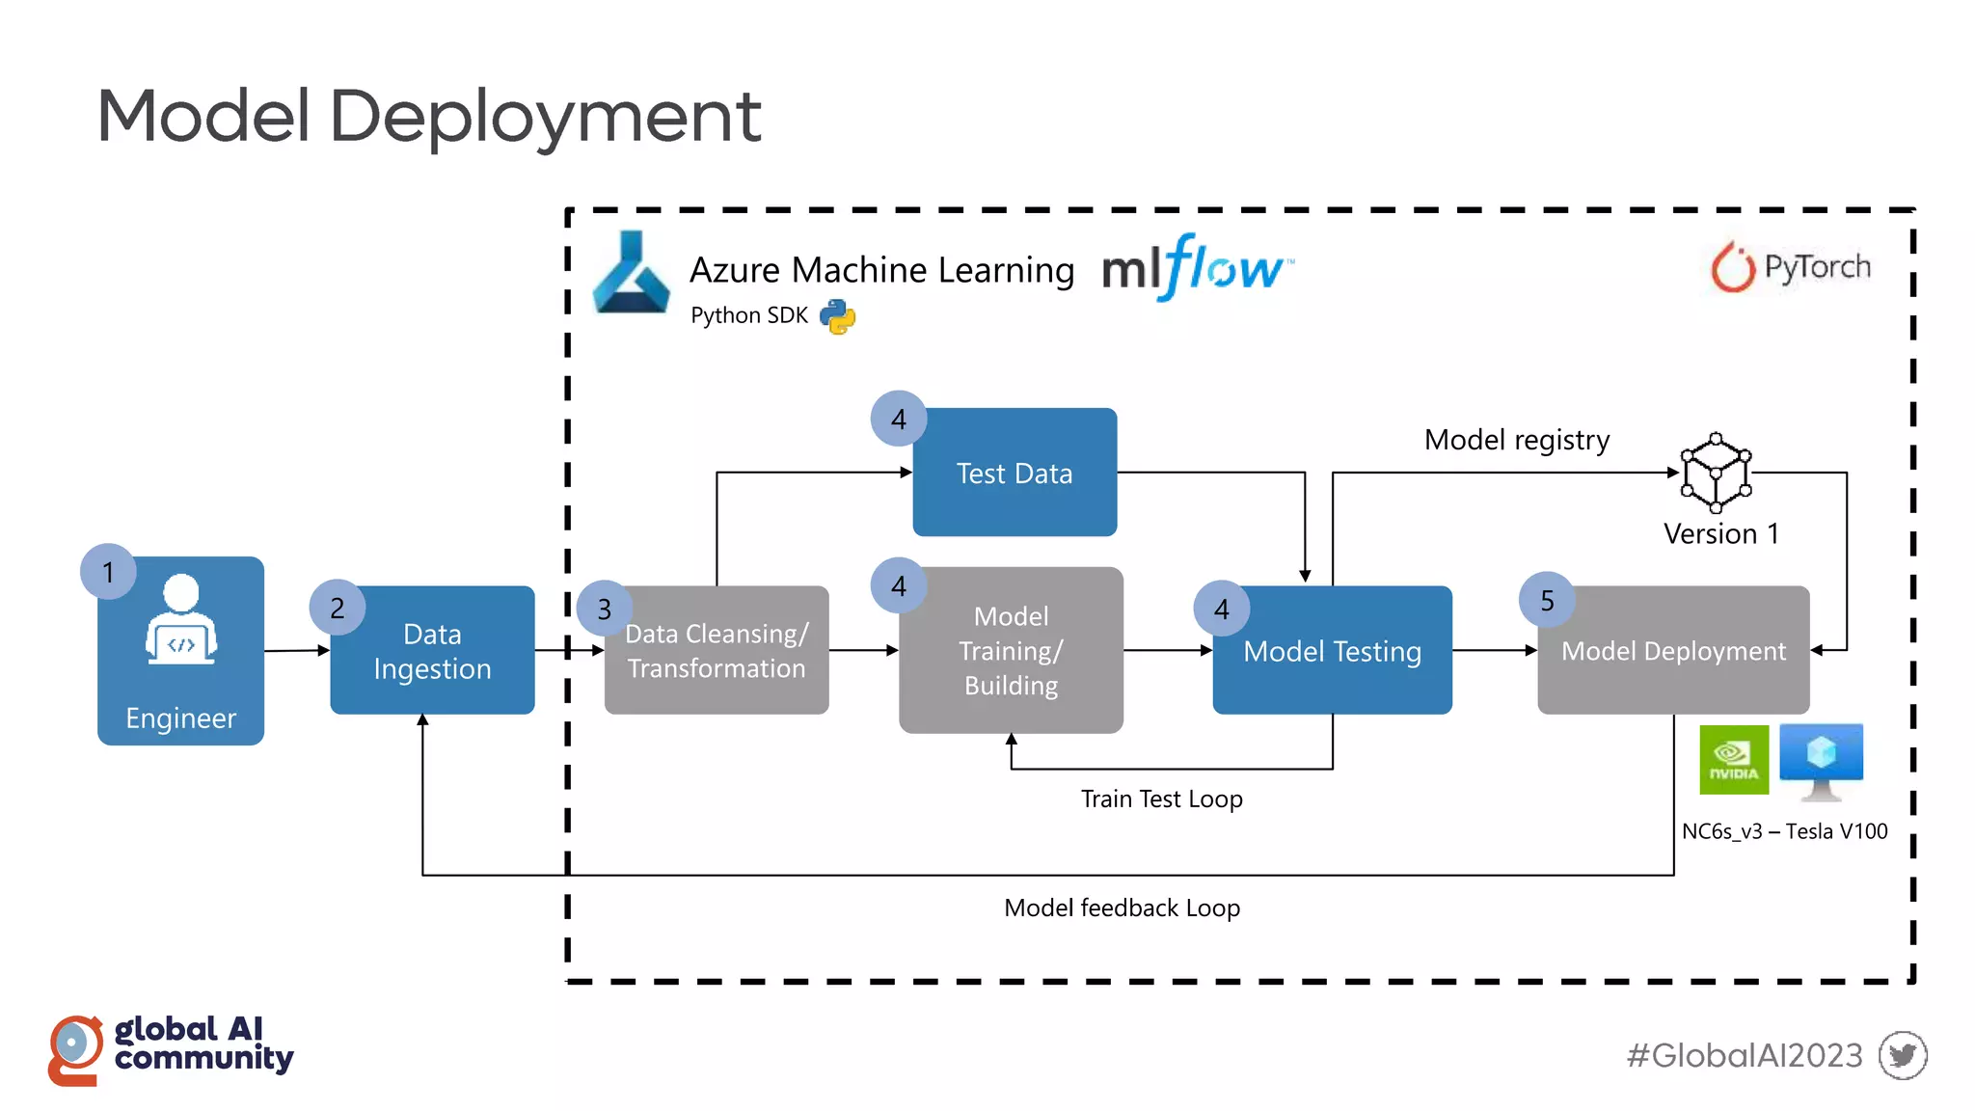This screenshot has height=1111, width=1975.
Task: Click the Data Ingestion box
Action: coord(432,651)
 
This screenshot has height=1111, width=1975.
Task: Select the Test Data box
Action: coord(1015,473)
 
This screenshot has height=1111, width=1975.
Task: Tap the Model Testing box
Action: coord(1332,651)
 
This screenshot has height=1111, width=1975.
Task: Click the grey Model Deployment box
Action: coord(1673,651)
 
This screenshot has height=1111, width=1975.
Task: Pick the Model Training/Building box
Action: coord(1011,651)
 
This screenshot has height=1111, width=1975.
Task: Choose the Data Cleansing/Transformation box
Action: coord(716,651)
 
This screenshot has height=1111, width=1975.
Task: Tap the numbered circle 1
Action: coord(108,572)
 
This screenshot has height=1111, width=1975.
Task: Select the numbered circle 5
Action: coord(1547,600)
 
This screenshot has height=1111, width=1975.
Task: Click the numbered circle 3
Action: coord(605,609)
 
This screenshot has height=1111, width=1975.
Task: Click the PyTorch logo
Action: coord(1791,266)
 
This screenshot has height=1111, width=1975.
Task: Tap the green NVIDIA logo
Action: coord(1733,760)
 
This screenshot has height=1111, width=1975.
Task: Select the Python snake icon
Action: coord(837,316)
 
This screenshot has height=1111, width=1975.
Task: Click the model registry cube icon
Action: coord(1716,473)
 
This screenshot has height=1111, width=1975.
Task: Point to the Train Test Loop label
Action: coord(1161,799)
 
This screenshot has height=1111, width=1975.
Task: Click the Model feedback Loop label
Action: coord(1122,908)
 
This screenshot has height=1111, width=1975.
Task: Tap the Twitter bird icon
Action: coord(1903,1055)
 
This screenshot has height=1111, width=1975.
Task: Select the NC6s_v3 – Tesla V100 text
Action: coord(1784,831)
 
